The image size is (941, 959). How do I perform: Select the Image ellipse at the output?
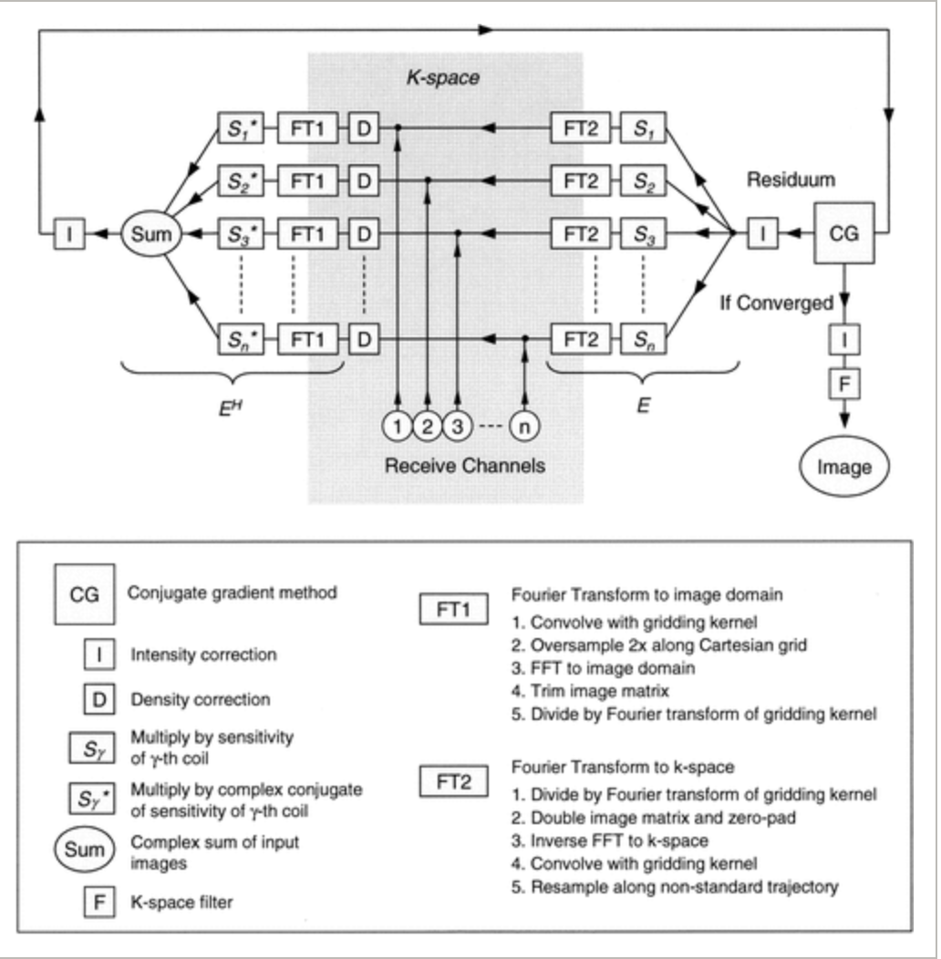(843, 467)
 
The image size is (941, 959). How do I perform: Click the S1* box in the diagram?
(239, 130)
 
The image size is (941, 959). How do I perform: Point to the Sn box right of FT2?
(643, 339)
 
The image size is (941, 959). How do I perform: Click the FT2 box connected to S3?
(581, 234)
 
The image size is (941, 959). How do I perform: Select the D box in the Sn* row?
(363, 339)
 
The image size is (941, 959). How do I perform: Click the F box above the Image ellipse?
(843, 384)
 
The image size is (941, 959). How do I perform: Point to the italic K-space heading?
(442, 79)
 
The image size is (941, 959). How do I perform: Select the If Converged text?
(776, 303)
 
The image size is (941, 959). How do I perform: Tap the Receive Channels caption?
(464, 466)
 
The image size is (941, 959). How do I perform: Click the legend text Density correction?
(201, 700)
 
